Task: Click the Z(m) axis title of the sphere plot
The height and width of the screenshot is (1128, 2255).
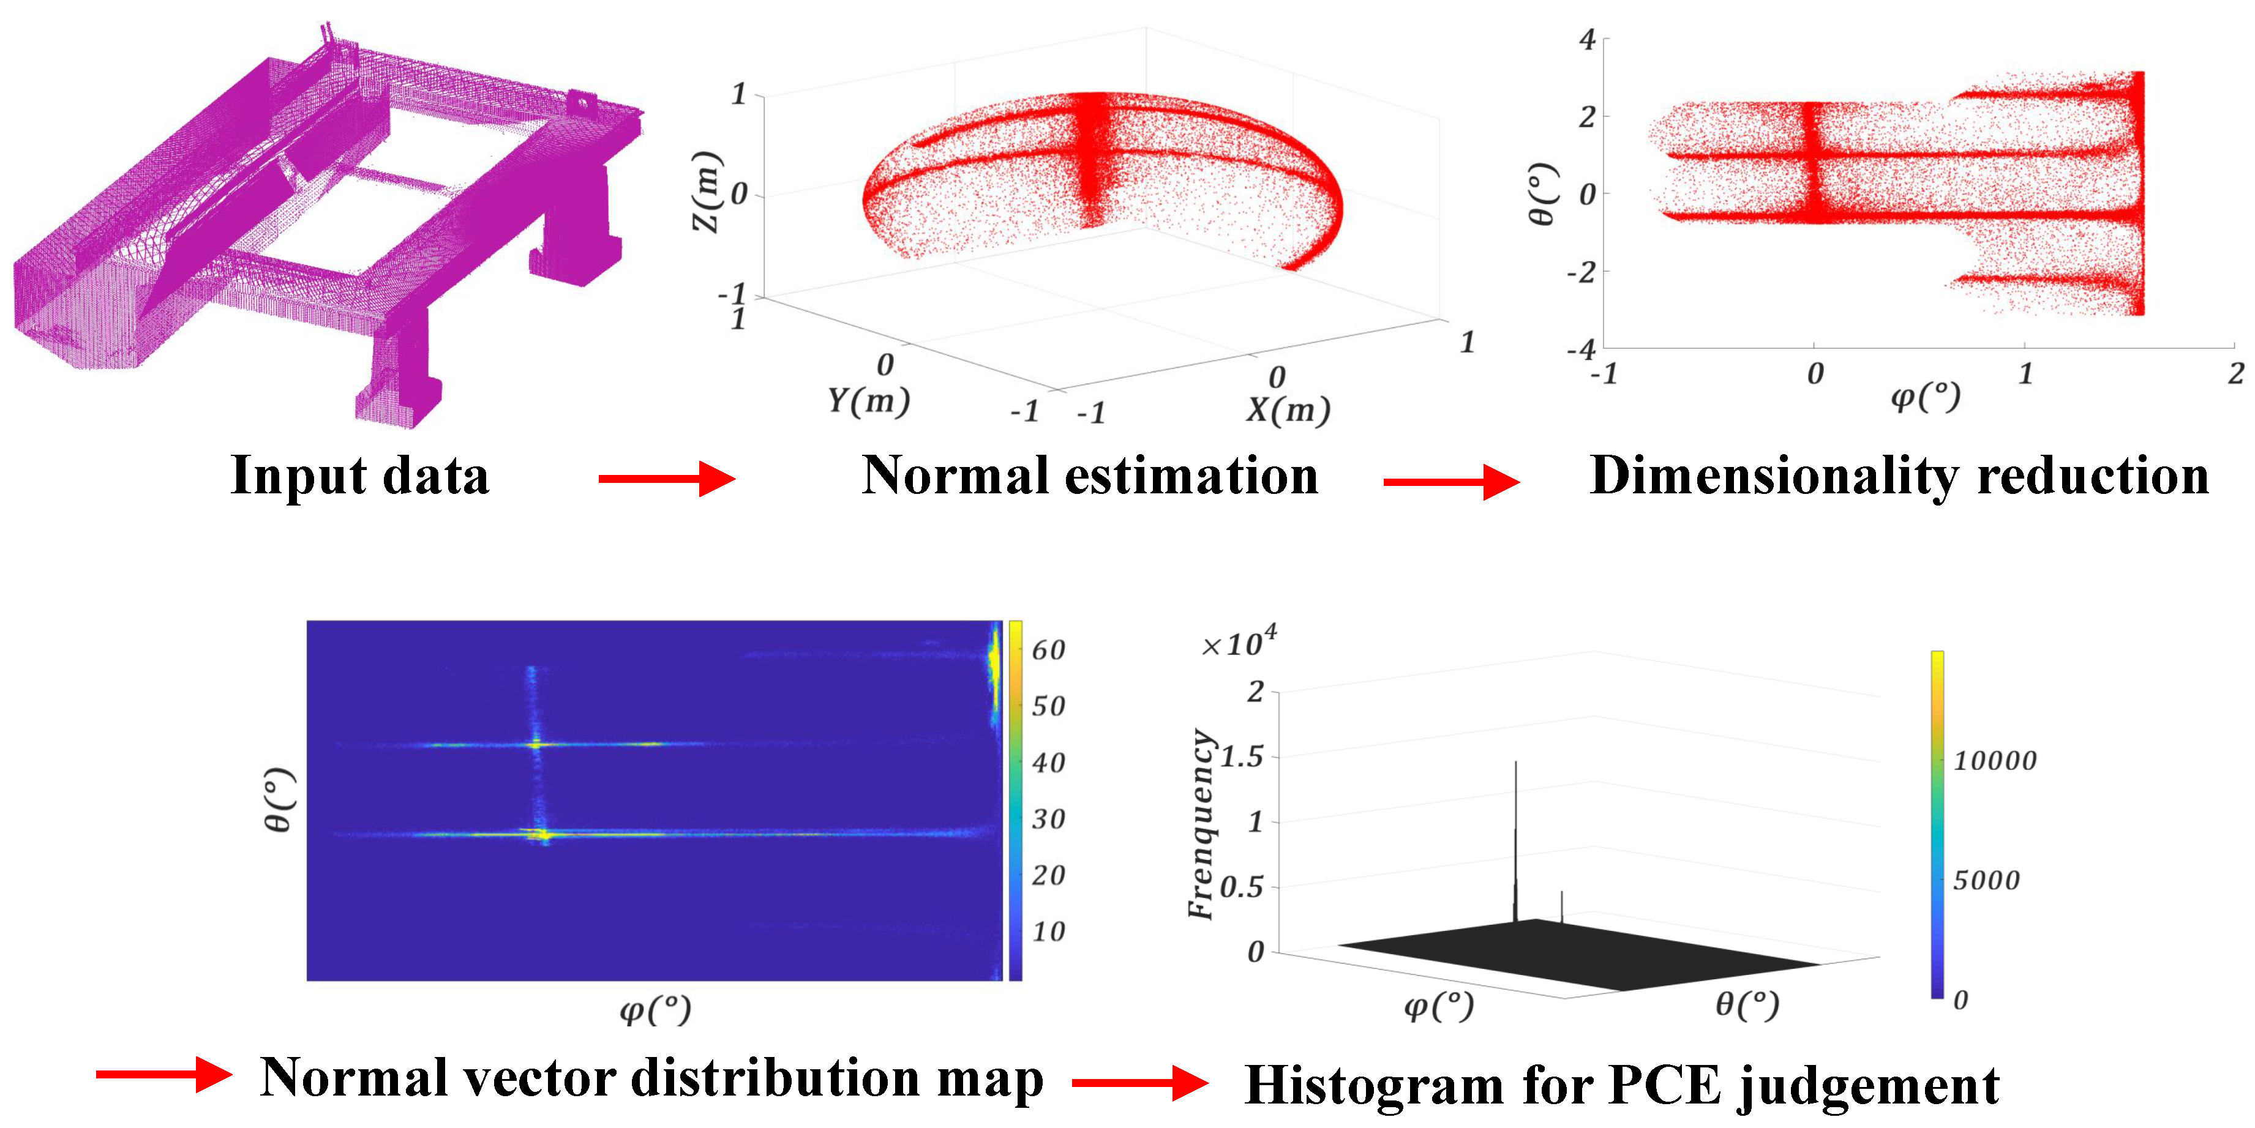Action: tap(707, 193)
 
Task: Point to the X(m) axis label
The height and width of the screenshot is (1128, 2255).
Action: tap(1287, 409)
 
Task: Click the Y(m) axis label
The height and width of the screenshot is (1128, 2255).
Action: tap(868, 401)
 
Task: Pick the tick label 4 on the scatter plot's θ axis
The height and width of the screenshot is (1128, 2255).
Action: tap(1587, 39)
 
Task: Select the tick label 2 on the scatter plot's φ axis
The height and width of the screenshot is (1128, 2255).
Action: tap(2235, 375)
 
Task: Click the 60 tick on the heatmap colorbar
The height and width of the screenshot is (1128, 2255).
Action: tap(1048, 650)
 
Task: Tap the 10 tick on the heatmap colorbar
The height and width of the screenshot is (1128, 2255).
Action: tap(1048, 932)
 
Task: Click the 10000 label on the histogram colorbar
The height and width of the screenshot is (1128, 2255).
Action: tap(1995, 760)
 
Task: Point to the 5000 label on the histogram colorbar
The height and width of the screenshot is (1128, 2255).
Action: tap(1986, 880)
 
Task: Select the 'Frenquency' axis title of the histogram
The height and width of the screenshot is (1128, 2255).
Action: tap(1202, 824)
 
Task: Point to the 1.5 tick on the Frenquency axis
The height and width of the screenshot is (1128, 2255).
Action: tap(1241, 757)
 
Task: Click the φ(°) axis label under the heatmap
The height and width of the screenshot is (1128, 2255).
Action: tap(655, 1010)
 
